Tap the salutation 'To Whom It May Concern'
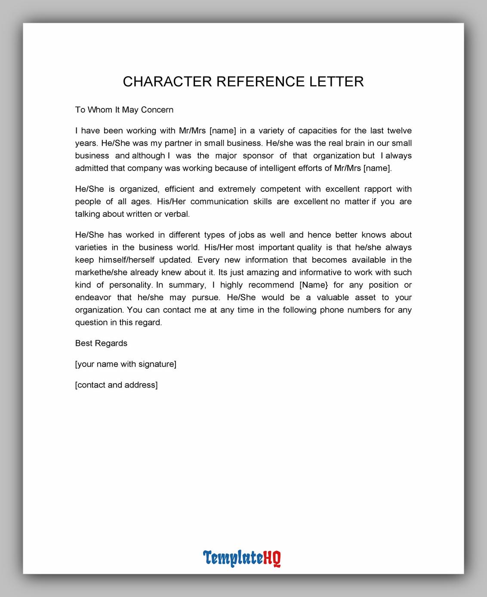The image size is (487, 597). (x=124, y=110)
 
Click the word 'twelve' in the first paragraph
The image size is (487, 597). (x=399, y=131)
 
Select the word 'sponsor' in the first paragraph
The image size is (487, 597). (x=258, y=156)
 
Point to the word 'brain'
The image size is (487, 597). (x=360, y=143)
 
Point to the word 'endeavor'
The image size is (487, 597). (x=93, y=298)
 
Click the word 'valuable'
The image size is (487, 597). (x=333, y=298)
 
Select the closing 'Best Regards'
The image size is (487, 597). (x=101, y=343)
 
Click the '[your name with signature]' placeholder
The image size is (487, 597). (x=126, y=364)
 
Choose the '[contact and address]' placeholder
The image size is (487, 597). (x=116, y=385)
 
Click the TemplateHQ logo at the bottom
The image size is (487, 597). (x=242, y=558)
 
